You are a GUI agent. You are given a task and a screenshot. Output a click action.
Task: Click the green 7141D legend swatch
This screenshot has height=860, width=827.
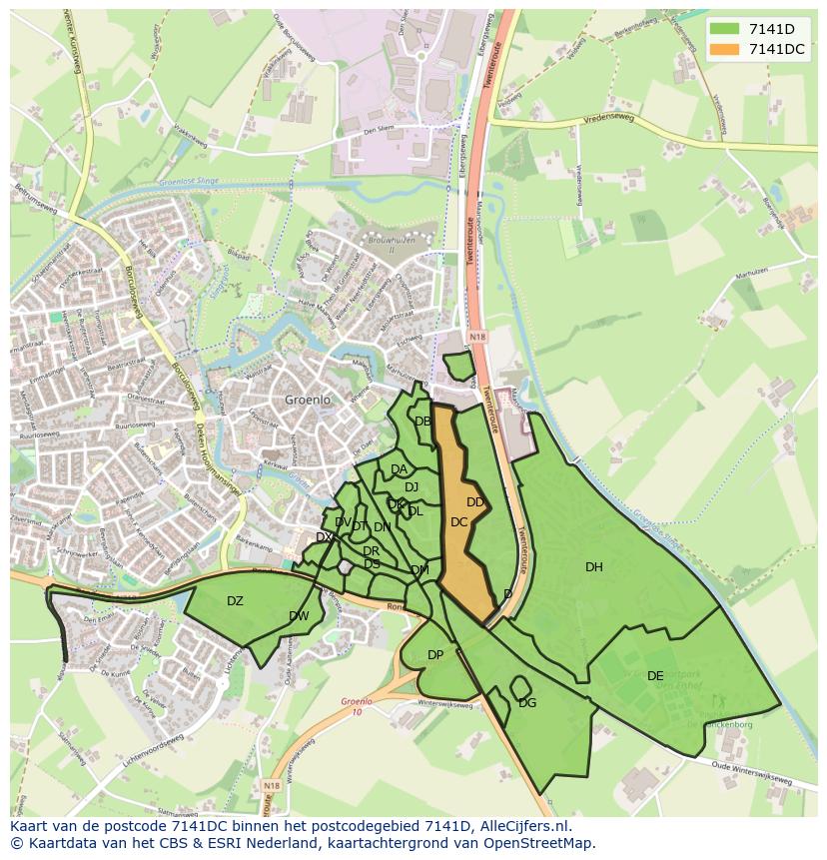[x=726, y=29]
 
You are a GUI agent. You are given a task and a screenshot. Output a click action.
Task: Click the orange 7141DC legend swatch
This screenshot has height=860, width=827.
[x=726, y=49]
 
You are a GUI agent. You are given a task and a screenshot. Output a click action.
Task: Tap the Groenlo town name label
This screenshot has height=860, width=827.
[x=307, y=400]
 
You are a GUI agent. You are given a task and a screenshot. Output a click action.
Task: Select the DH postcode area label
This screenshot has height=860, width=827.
[x=594, y=567]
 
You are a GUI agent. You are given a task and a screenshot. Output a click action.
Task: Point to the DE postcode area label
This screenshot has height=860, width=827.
[x=655, y=676]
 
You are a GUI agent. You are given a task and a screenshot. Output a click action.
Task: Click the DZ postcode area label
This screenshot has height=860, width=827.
[x=235, y=601]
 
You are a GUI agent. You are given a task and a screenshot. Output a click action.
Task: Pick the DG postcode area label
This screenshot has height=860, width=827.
[x=527, y=703]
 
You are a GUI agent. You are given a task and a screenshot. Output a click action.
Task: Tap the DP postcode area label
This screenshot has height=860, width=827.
[x=435, y=655]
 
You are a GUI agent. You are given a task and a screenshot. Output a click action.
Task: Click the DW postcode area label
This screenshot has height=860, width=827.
[x=299, y=616]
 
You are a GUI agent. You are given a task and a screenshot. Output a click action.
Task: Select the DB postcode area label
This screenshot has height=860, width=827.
[x=422, y=422]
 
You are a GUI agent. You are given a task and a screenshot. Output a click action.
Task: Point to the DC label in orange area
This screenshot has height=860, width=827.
[x=459, y=522]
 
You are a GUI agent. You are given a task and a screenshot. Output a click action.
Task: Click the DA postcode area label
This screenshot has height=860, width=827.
[x=399, y=469]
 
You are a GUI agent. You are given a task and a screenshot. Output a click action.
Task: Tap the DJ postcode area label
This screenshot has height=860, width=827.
[x=412, y=487]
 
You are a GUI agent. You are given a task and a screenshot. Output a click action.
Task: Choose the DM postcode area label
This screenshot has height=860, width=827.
[x=419, y=570]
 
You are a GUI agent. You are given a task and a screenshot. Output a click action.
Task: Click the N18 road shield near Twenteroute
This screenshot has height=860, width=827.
[x=476, y=338]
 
